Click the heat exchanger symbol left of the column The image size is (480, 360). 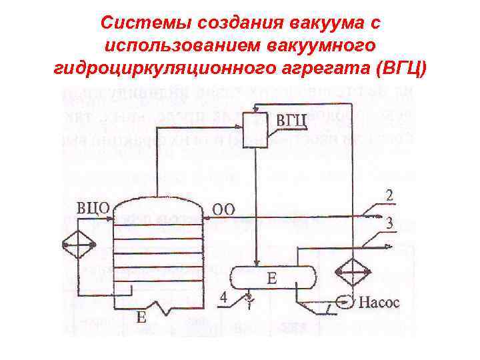(x=77, y=245)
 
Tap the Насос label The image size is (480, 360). (x=379, y=303)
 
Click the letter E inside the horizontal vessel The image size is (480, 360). (x=271, y=279)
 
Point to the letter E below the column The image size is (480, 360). (x=141, y=317)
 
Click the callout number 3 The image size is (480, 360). (x=389, y=225)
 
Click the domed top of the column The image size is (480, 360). (x=157, y=207)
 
